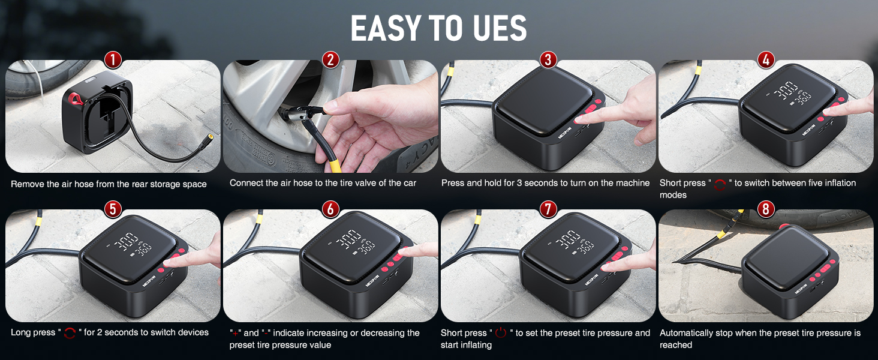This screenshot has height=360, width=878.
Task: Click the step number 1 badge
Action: (x=113, y=60)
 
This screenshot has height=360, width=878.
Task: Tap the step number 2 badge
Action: (x=330, y=60)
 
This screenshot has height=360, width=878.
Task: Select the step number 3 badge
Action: (x=548, y=60)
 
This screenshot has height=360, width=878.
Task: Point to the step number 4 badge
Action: (x=765, y=60)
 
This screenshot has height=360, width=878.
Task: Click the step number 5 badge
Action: (x=113, y=209)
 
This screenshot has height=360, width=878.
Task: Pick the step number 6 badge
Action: (x=330, y=209)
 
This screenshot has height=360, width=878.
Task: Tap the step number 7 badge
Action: (x=548, y=209)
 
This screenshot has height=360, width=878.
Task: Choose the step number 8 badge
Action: (x=765, y=209)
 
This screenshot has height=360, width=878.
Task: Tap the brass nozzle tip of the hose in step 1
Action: (x=210, y=137)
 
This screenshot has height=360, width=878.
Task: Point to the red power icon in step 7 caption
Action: (x=501, y=332)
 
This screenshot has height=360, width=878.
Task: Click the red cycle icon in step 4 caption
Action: (x=720, y=184)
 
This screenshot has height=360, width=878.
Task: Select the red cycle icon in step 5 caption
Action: (x=70, y=333)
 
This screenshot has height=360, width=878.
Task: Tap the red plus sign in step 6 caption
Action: (x=235, y=334)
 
